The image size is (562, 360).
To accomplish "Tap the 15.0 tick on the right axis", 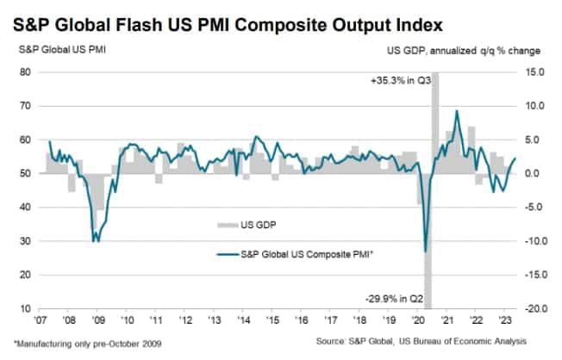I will click(531, 72).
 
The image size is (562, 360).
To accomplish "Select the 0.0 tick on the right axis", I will click(533, 173).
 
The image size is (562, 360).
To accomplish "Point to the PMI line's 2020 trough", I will click(426, 251).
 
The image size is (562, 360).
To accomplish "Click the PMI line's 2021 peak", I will click(457, 111).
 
